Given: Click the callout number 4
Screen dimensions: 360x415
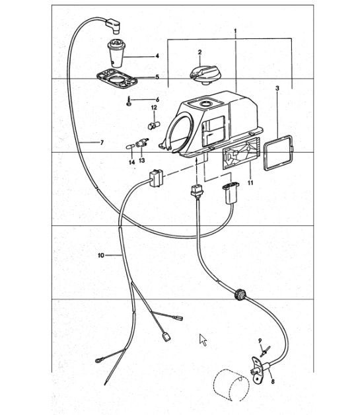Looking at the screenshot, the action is pyautogui.click(x=157, y=56).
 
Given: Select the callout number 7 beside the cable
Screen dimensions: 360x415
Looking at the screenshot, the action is pyautogui.click(x=102, y=142).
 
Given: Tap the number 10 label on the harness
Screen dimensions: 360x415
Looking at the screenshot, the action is pyautogui.click(x=101, y=255).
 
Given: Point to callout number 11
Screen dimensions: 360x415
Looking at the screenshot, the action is pyautogui.click(x=250, y=182).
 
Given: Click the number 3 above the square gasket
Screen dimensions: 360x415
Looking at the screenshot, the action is pyautogui.click(x=277, y=88).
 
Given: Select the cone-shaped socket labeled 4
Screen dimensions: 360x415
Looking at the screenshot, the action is pyautogui.click(x=116, y=54).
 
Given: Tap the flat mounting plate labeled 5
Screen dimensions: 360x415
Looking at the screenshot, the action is pyautogui.click(x=117, y=78).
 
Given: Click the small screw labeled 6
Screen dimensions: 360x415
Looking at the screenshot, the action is pyautogui.click(x=129, y=100).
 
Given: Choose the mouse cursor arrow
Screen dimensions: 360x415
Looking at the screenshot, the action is pyautogui.click(x=203, y=340).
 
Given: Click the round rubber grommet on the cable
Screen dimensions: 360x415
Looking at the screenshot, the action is pyautogui.click(x=240, y=293).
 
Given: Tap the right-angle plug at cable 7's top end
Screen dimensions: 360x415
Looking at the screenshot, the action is pyautogui.click(x=112, y=26).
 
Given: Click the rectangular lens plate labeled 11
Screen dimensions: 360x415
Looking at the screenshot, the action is pyautogui.click(x=240, y=154).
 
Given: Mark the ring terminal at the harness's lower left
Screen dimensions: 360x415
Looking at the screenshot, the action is pyautogui.click(x=98, y=360).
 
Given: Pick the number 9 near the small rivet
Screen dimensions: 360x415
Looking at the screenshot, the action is pyautogui.click(x=260, y=340).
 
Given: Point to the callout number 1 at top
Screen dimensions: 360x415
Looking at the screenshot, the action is pyautogui.click(x=235, y=31).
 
